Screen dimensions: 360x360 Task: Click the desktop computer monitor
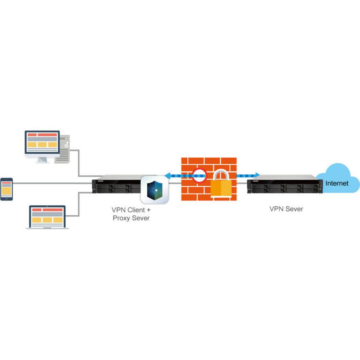(x=42, y=142)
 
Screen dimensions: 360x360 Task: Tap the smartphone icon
(x=6, y=189)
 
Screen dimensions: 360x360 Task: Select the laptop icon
(x=47, y=217)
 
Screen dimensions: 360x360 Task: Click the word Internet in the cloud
(x=337, y=184)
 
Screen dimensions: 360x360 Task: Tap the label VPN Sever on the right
(x=286, y=208)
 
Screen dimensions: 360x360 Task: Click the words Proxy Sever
(x=131, y=218)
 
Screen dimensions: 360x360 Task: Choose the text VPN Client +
(x=131, y=209)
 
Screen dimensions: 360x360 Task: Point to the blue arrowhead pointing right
(x=258, y=174)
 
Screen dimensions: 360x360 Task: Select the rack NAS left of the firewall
(x=116, y=184)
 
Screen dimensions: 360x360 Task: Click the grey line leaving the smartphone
(x=52, y=183)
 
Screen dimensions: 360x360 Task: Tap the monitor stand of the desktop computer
(x=42, y=159)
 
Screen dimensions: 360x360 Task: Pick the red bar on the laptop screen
(x=47, y=210)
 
